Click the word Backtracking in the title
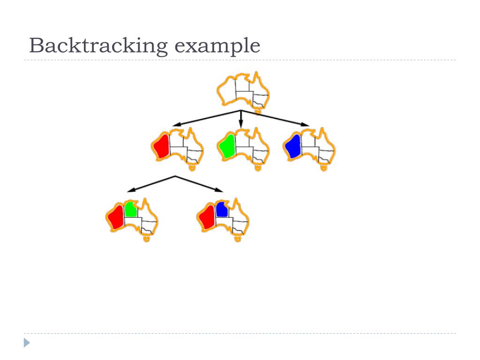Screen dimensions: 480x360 [98, 46]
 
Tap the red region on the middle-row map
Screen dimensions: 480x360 [162, 146]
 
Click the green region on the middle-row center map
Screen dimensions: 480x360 [227, 146]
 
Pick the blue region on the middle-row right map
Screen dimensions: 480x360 [293, 146]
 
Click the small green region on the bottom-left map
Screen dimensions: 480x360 [131, 210]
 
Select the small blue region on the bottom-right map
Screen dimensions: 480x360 [222, 210]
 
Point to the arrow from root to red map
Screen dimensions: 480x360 [206, 118]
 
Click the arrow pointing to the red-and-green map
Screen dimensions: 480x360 [151, 184]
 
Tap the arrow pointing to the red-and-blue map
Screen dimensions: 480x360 [200, 184]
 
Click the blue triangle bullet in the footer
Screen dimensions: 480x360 [27, 343]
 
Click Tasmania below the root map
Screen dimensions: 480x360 [257, 112]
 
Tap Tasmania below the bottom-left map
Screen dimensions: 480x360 [146, 239]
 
